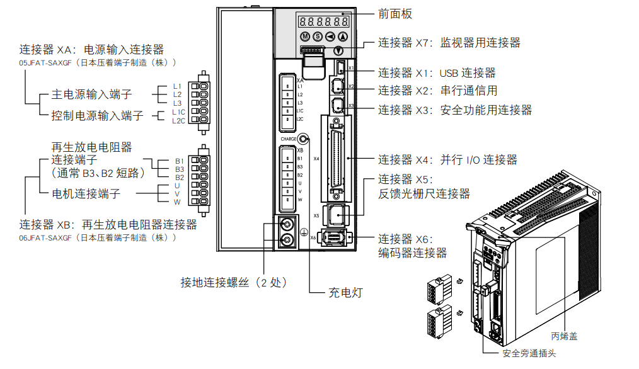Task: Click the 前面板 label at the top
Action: [x=396, y=14]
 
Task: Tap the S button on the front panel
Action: [x=318, y=37]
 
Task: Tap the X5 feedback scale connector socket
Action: [x=337, y=215]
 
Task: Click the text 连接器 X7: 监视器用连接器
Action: [x=449, y=43]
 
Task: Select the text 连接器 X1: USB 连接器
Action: [x=437, y=74]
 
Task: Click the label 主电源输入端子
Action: [x=92, y=95]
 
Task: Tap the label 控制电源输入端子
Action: [x=98, y=116]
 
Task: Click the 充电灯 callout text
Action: [x=346, y=292]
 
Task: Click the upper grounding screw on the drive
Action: [x=287, y=224]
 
